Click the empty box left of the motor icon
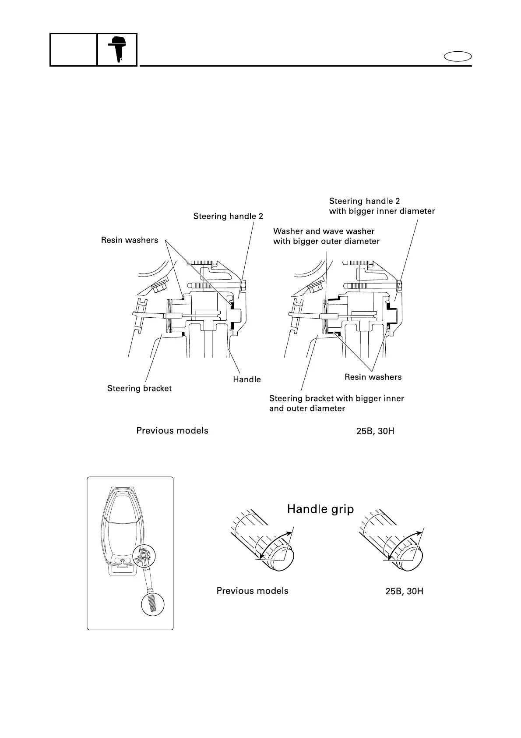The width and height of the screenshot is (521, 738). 73,50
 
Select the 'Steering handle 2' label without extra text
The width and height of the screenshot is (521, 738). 228,216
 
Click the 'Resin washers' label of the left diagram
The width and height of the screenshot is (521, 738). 130,240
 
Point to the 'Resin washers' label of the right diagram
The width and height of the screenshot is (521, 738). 373,377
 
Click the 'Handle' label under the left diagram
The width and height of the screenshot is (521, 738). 247,380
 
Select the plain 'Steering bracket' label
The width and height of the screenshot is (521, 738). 139,388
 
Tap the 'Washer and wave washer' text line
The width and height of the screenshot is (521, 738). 324,231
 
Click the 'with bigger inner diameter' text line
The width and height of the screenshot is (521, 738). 382,211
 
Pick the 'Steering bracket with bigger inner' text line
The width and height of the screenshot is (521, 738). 336,399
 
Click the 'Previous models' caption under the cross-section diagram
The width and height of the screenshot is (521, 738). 172,431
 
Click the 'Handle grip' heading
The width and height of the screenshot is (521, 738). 320,509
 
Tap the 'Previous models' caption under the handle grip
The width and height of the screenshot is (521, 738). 253,591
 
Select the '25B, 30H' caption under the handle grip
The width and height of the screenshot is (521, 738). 404,591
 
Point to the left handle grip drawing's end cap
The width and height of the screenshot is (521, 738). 285,559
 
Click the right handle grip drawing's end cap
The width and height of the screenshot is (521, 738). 413,559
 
